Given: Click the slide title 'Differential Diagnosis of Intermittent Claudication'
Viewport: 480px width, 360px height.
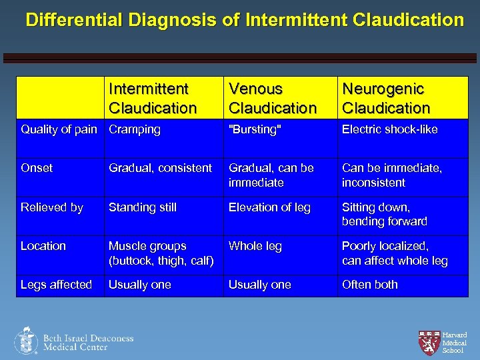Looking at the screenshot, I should click(x=244, y=20).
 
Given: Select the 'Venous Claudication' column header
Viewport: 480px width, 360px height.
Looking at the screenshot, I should click(x=272, y=98).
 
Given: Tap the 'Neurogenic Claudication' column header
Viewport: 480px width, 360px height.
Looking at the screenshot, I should click(x=386, y=98).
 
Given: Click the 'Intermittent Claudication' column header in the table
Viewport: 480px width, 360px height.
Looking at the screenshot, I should click(x=153, y=98).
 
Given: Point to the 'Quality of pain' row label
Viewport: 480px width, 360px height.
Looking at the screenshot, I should click(x=59, y=130).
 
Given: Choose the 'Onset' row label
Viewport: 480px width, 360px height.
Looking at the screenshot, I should click(x=36, y=169).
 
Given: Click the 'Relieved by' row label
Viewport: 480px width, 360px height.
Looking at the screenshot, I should click(x=52, y=207).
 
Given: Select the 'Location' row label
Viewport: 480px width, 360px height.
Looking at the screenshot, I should click(x=43, y=246).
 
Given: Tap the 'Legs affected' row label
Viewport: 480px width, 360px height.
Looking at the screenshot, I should click(x=56, y=285).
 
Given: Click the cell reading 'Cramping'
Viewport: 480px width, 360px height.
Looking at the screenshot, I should click(x=135, y=130).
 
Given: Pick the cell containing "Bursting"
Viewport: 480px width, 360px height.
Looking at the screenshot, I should click(x=255, y=130).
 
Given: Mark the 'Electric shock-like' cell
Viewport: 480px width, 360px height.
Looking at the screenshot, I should click(x=389, y=130).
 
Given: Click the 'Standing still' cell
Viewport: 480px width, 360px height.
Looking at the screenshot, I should click(x=143, y=207).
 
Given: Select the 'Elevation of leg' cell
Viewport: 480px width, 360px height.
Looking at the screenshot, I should click(x=269, y=207).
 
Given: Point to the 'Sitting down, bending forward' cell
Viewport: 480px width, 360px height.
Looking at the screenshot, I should click(x=384, y=214).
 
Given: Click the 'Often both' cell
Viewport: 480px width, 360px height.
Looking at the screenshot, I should click(x=369, y=285).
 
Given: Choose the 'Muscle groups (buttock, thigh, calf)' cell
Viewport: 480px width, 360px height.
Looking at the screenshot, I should click(x=161, y=253).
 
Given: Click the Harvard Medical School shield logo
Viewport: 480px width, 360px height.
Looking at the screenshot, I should click(x=429, y=342).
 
